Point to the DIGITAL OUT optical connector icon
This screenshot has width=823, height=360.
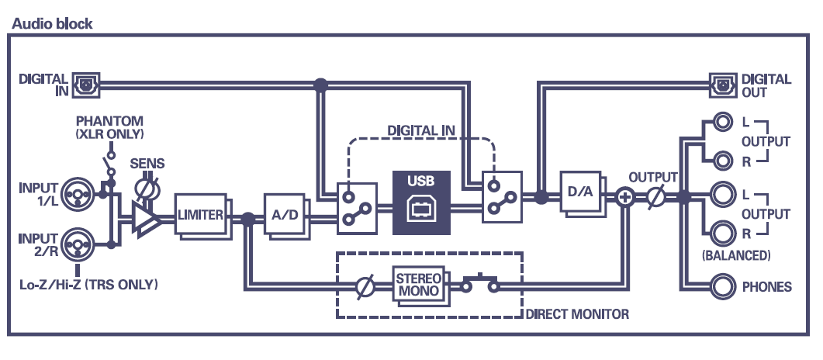click(721, 84)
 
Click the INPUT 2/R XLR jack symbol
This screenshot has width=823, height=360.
click(79, 244)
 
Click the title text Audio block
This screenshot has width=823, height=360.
click(52, 23)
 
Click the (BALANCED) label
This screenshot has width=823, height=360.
click(735, 254)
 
